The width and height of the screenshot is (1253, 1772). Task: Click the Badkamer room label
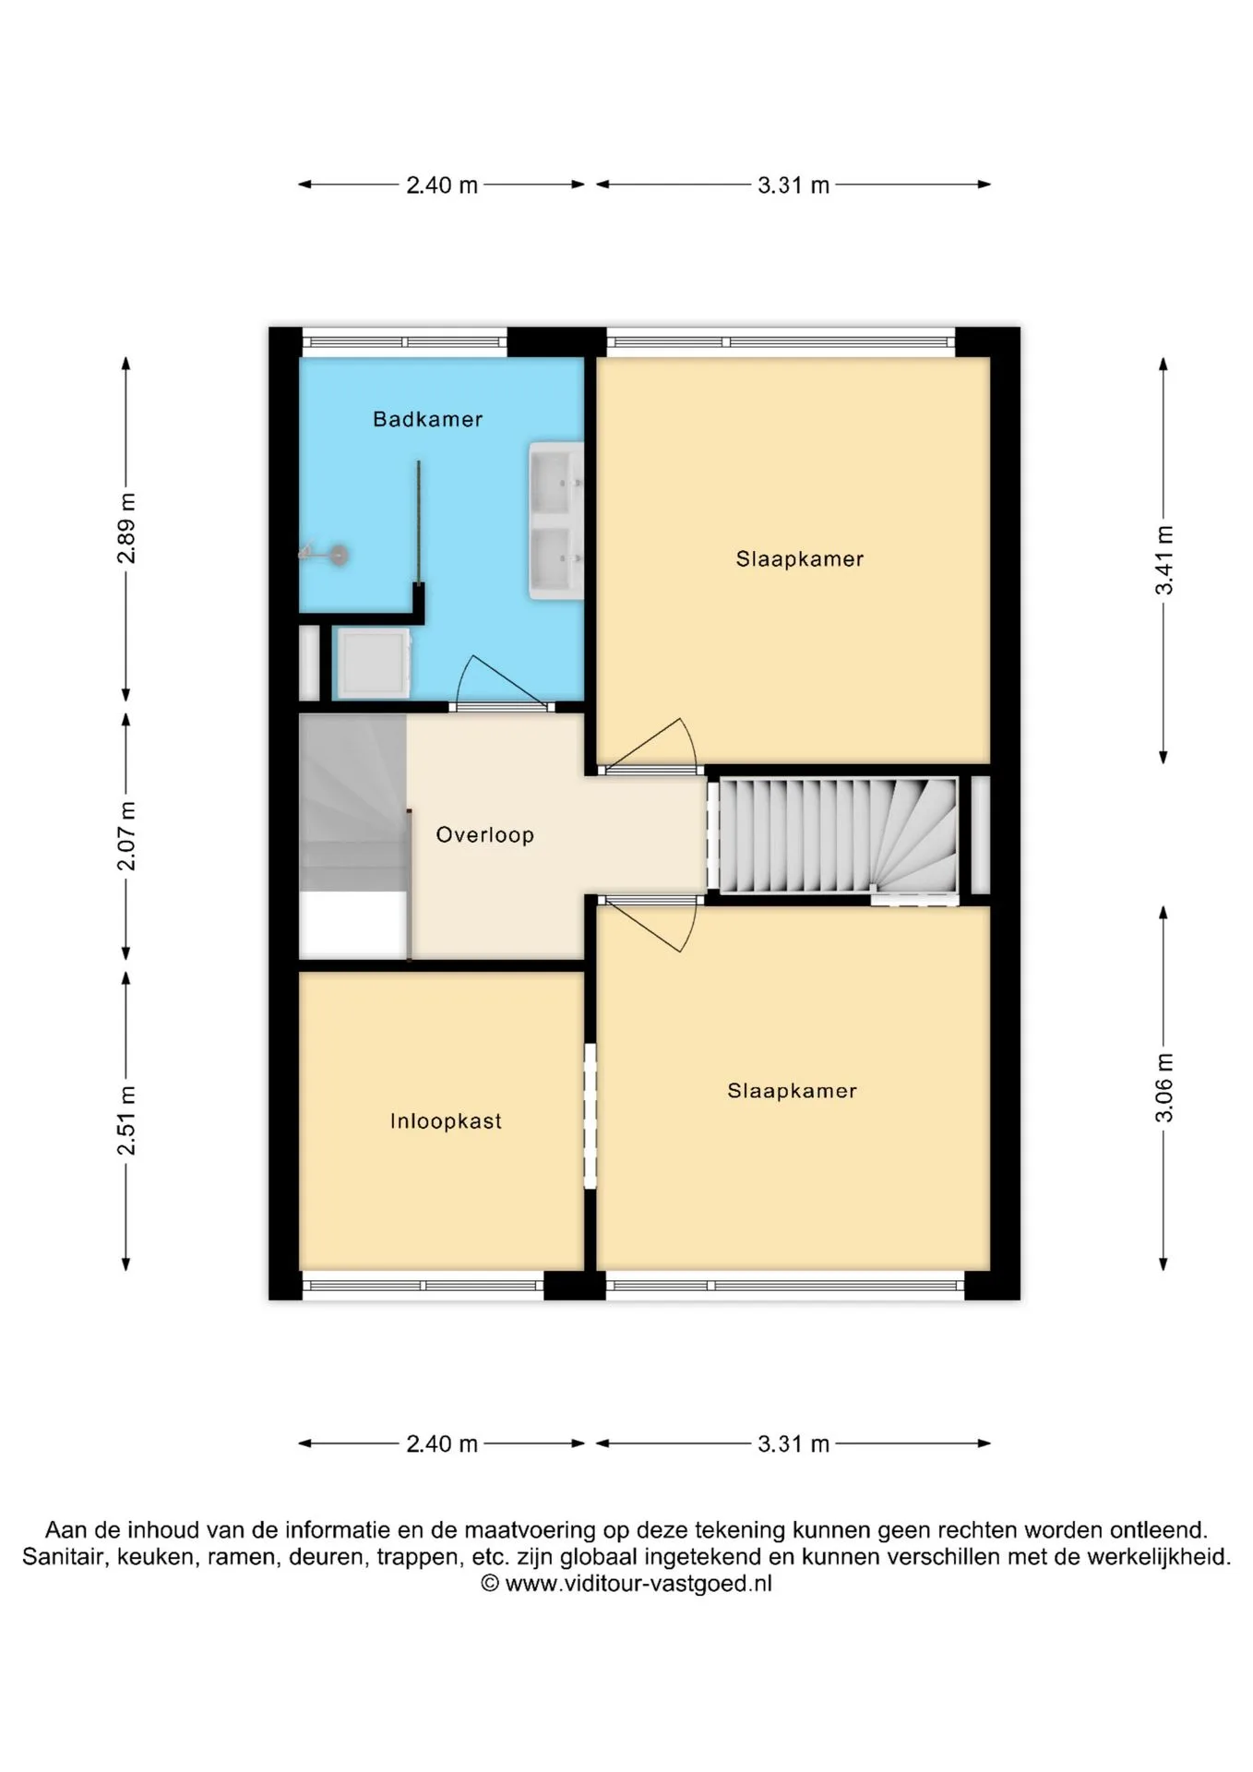coord(427,420)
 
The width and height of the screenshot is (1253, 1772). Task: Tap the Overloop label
coord(484,835)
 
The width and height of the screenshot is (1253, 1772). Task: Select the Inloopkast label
coord(446,1121)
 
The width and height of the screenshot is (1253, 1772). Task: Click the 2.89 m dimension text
coord(126,528)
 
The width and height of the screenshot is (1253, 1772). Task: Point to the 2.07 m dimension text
coord(126,836)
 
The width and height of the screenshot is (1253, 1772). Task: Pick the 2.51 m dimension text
coord(126,1120)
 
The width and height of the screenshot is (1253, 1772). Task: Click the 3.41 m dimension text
coord(1164,560)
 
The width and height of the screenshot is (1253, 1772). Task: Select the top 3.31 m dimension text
coord(794,186)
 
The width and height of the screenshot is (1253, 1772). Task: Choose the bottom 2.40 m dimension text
coord(442,1444)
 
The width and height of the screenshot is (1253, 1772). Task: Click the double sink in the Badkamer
coord(555,521)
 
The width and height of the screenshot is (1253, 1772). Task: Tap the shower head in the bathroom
coord(325,555)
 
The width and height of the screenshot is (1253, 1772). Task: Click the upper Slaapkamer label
coord(800,559)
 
